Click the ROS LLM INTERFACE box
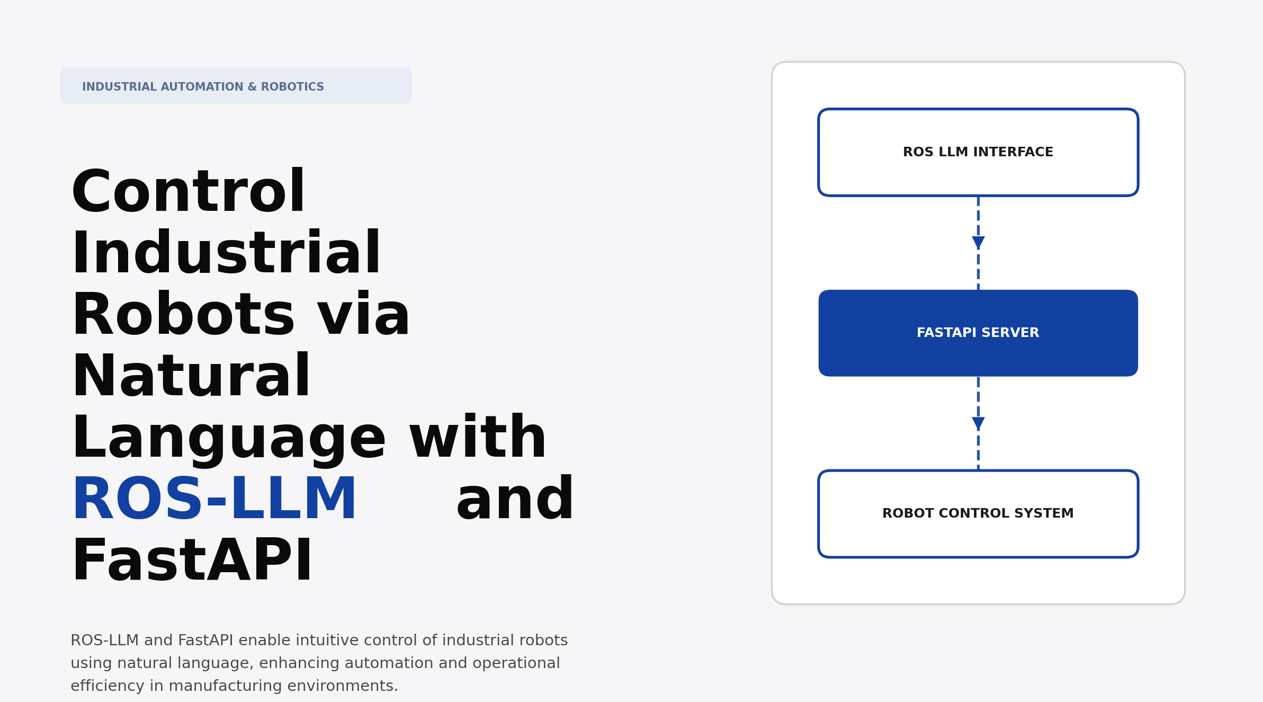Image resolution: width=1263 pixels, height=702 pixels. coord(978,153)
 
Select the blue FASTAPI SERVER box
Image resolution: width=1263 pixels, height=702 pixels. coord(978,333)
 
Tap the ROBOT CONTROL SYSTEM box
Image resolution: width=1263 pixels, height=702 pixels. coord(978,513)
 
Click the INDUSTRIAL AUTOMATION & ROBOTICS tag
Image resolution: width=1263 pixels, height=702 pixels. coord(236,86)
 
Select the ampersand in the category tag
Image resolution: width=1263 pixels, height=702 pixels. coord(252,87)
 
